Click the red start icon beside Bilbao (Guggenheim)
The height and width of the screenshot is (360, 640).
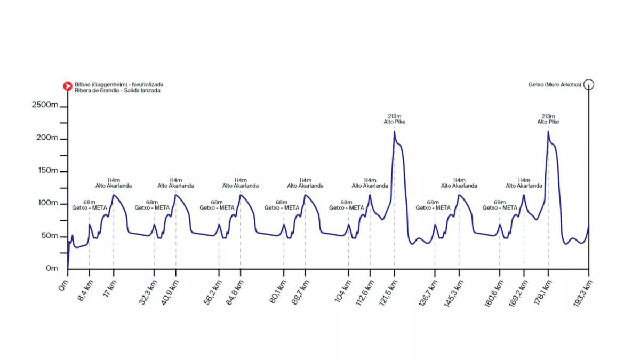68,85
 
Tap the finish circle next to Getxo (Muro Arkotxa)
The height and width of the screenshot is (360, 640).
589,84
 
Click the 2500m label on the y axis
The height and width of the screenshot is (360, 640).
45,105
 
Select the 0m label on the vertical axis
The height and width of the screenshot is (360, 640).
51,268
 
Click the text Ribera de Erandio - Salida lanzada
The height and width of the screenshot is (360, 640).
117,91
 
